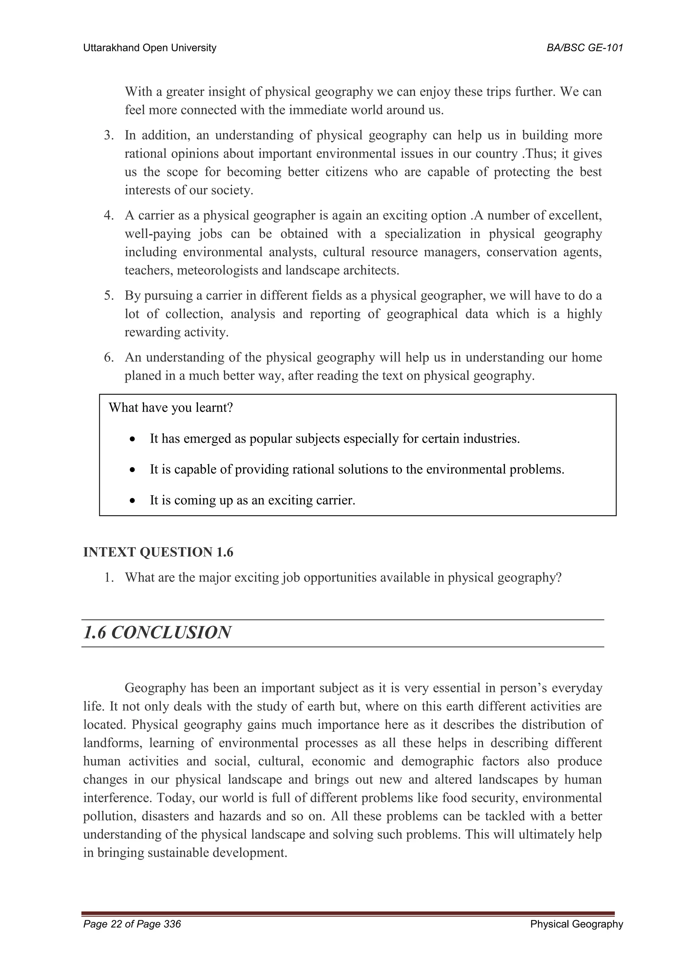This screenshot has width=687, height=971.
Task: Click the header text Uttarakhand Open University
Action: pyautogui.click(x=149, y=48)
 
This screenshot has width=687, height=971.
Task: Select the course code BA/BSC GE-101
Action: pyautogui.click(x=585, y=48)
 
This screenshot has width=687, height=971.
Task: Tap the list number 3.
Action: pyautogui.click(x=109, y=136)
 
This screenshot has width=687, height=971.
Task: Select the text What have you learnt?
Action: pyautogui.click(x=171, y=408)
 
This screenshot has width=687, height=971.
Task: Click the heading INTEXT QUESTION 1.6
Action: pyautogui.click(x=158, y=552)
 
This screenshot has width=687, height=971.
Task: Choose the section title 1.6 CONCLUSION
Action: pyautogui.click(x=157, y=633)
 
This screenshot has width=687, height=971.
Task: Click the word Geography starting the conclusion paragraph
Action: pyautogui.click(x=155, y=688)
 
